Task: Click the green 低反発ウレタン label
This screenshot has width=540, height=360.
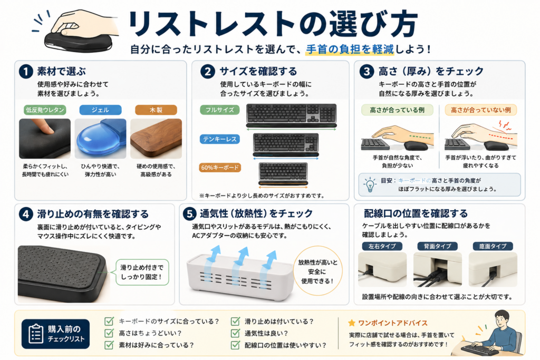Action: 45,110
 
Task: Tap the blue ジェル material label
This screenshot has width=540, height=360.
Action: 100,110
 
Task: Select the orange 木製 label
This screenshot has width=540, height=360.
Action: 156,110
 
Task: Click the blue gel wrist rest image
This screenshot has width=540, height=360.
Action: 100,139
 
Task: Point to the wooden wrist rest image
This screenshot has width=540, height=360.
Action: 156,139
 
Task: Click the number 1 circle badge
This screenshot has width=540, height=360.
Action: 26,72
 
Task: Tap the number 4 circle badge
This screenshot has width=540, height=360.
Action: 26,214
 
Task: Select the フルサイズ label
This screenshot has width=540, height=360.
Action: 220,110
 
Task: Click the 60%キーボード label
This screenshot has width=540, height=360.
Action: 220,168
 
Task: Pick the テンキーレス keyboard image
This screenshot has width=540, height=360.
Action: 285,144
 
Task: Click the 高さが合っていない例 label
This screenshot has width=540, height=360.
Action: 481,110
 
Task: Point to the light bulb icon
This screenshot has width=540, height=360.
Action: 370,184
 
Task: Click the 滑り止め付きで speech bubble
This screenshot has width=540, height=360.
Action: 142,272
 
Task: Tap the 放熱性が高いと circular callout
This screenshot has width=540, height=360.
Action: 317,271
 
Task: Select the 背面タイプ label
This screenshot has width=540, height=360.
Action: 437,246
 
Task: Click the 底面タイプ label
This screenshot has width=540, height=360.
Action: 493,246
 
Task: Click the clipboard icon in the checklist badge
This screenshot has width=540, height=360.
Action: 36,334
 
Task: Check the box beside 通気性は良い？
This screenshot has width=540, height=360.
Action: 236,333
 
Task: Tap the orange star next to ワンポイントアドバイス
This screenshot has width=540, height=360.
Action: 352,323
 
